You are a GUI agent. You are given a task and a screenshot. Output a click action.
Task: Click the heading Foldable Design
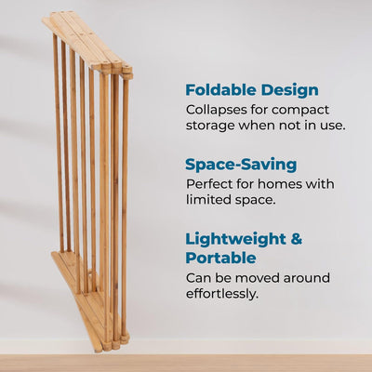point(251,90)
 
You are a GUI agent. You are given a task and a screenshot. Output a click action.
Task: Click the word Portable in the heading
point(220,258)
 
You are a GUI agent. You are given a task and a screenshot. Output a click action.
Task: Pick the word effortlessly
point(222,294)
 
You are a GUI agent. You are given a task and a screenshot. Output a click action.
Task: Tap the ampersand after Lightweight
point(295,239)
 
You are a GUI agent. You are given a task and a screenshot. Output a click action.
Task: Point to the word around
point(308,278)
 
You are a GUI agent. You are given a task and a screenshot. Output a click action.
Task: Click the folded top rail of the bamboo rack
point(88,42)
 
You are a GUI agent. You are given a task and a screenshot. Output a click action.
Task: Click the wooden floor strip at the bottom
point(186,363)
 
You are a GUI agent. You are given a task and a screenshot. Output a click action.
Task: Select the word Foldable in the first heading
point(219,90)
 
